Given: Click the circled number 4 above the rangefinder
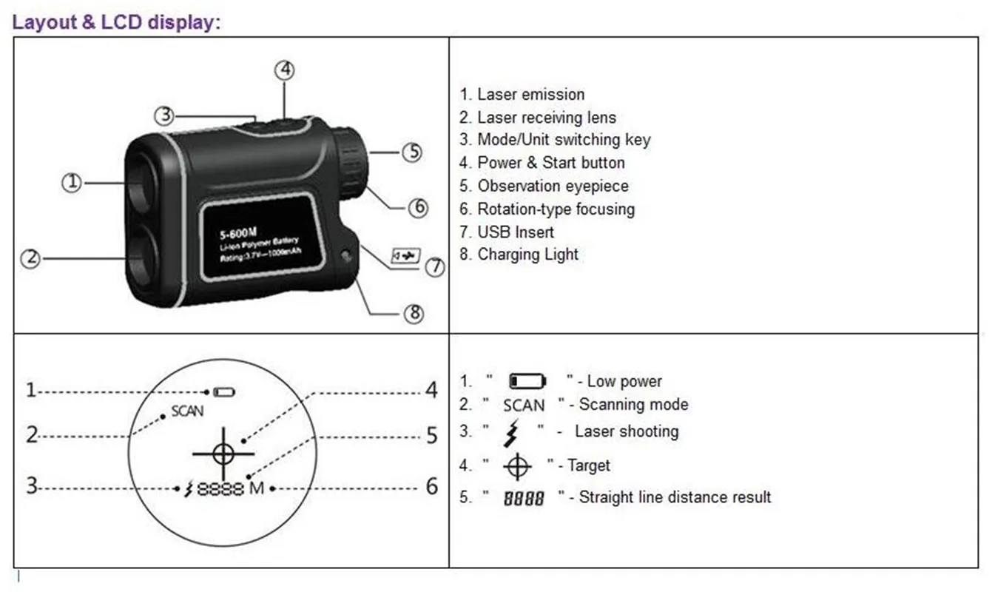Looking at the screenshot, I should (285, 70).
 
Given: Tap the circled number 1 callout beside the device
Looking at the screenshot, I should (72, 183).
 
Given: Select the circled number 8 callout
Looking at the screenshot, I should (413, 314).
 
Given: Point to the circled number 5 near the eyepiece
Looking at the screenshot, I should (411, 152).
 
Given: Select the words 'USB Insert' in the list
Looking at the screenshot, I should (516, 232).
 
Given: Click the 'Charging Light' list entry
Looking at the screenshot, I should (528, 255).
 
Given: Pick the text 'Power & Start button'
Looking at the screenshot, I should (551, 163).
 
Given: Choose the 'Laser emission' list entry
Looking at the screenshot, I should (530, 94).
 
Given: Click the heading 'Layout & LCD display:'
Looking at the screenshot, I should (116, 21).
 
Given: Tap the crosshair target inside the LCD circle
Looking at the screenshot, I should (223, 451).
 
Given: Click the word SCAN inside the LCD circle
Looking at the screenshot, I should (187, 411).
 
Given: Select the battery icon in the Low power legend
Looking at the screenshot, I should (527, 382).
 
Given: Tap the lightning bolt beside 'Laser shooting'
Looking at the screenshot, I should (511, 433).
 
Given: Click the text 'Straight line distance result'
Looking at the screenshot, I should (675, 497).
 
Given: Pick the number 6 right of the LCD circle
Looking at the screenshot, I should (432, 487).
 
